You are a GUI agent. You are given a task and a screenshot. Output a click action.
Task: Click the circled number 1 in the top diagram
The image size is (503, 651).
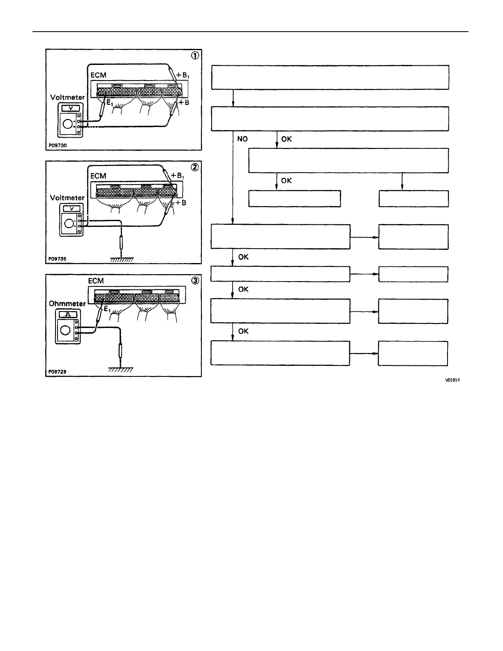tap(196, 55)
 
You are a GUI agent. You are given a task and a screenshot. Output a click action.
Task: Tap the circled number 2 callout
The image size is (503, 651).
tap(196, 167)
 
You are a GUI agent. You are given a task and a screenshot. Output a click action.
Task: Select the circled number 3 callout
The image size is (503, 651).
tap(196, 280)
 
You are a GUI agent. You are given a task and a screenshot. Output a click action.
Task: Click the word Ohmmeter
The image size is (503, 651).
tap(67, 304)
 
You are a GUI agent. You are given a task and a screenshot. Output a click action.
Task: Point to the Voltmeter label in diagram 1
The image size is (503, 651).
tap(67, 97)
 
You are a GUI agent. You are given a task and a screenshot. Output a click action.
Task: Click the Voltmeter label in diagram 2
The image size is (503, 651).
tap(67, 198)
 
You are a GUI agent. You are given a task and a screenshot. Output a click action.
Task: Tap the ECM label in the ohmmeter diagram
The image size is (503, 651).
tap(96, 281)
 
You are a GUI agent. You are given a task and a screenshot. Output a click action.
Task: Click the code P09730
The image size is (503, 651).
tap(57, 145)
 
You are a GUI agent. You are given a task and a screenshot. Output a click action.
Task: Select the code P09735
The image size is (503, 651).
tap(57, 259)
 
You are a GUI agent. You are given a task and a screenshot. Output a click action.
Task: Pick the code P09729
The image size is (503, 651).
tap(57, 372)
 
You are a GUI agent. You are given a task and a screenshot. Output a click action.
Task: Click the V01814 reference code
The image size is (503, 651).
tap(452, 380)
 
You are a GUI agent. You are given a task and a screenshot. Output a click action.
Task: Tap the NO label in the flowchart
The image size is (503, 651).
tap(242, 139)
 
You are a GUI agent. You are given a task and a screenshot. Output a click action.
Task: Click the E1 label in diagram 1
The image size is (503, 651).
tap(110, 103)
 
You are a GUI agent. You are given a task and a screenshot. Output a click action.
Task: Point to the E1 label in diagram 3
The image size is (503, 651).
tap(106, 309)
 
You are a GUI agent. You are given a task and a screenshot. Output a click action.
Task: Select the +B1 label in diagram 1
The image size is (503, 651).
tap(183, 76)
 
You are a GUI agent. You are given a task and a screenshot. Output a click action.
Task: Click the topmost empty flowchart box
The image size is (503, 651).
tap(330, 77)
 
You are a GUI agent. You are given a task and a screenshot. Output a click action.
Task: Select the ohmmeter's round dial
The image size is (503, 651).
tap(65, 330)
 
